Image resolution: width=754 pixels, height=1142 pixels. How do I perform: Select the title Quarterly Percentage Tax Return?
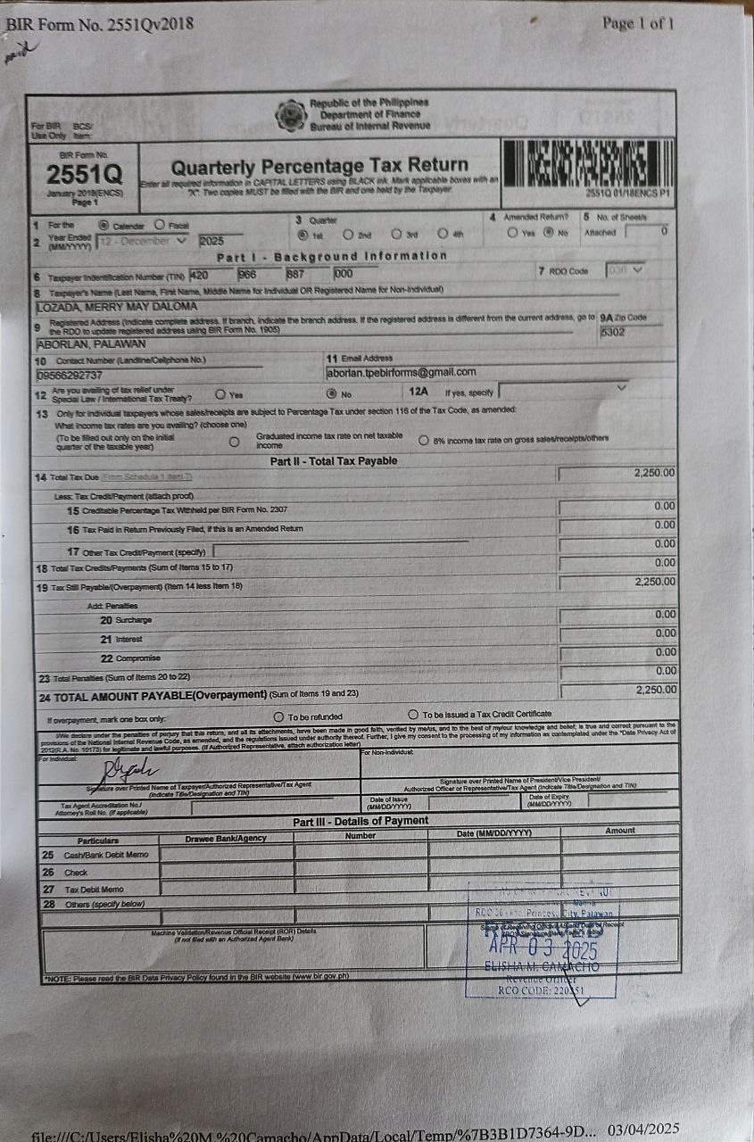(319, 166)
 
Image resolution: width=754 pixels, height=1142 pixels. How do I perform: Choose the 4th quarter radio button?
(442, 235)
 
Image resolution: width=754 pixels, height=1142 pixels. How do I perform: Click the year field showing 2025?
(220, 240)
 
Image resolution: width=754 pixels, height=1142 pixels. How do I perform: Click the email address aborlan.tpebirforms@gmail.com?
(402, 372)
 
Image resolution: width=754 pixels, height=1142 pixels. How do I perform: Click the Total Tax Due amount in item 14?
(654, 473)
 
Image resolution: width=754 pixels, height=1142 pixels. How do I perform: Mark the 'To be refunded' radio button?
(279, 716)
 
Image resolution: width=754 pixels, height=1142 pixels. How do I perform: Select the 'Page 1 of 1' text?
(638, 23)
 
